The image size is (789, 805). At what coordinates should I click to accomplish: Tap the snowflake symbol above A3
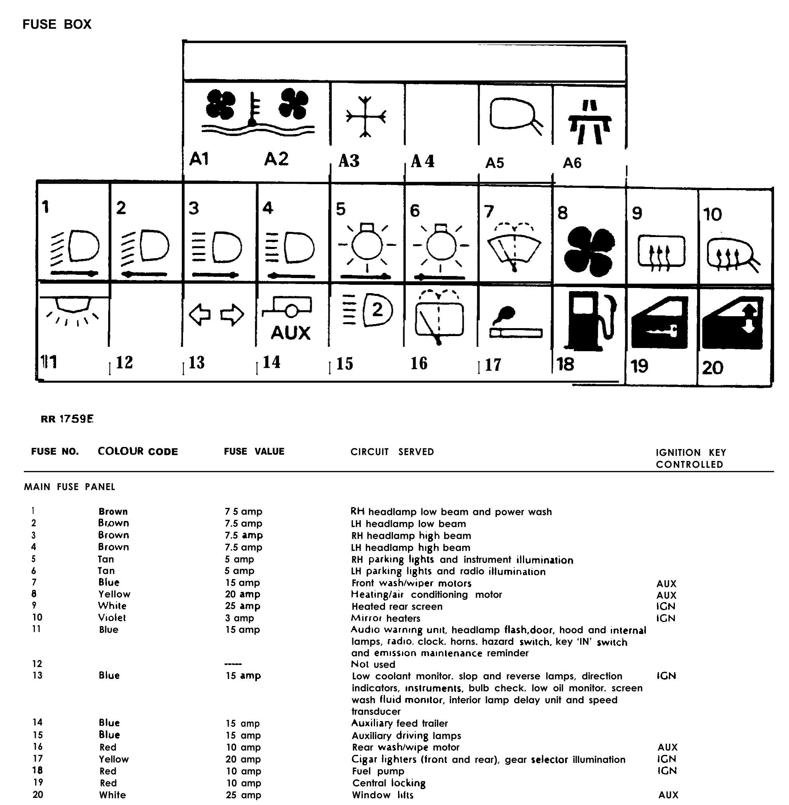365,117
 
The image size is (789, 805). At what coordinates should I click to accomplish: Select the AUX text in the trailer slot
290,333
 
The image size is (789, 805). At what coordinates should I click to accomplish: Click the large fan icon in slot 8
589,251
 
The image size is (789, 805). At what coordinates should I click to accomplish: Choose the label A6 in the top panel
572,163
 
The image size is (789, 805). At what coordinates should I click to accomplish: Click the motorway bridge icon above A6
589,122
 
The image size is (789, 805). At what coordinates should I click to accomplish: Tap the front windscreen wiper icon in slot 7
514,247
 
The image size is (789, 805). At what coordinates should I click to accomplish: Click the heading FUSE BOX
57,24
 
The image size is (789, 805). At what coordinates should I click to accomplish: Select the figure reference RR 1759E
67,419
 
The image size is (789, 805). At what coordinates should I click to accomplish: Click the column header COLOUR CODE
138,451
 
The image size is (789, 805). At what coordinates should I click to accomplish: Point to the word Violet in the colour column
112,618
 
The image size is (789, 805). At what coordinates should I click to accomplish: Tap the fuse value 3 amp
239,618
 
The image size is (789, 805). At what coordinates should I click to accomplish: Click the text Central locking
389,783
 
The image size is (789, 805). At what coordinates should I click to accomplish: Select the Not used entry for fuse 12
373,665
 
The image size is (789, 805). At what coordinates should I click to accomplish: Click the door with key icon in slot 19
660,323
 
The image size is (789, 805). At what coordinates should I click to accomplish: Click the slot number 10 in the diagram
712,215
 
